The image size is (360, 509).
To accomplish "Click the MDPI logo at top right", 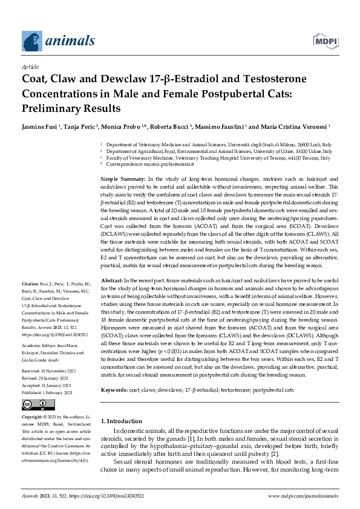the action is pos(326,41).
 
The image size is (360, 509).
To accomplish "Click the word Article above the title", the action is pos(30,68).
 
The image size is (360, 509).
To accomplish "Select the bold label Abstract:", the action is pos(111,282).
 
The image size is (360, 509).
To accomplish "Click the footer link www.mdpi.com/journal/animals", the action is pos(303,495).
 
